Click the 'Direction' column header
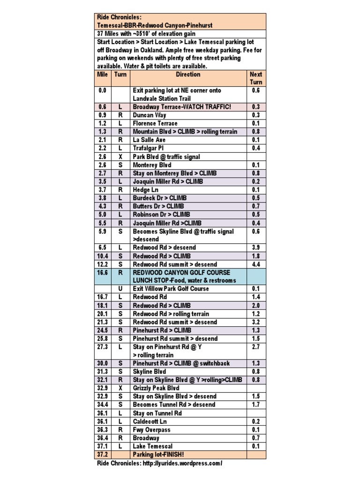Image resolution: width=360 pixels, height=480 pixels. (188, 75)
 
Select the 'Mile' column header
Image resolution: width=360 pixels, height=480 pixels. (102, 75)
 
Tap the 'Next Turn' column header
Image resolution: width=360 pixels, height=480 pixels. (256, 78)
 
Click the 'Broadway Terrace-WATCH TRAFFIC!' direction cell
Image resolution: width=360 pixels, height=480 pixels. (182, 107)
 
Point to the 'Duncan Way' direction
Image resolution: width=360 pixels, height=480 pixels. (150, 115)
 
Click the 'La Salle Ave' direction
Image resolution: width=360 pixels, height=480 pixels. (149, 140)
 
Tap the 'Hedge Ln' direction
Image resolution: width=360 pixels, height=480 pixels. (147, 189)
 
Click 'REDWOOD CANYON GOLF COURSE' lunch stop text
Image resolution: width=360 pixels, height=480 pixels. (181, 272)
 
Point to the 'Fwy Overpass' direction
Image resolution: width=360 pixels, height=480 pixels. (151, 430)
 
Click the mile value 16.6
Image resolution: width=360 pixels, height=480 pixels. (103, 272)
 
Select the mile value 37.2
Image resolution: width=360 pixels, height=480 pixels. (103, 455)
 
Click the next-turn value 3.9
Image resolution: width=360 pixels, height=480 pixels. (256, 247)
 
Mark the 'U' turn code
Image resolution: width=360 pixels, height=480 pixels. (120, 289)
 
